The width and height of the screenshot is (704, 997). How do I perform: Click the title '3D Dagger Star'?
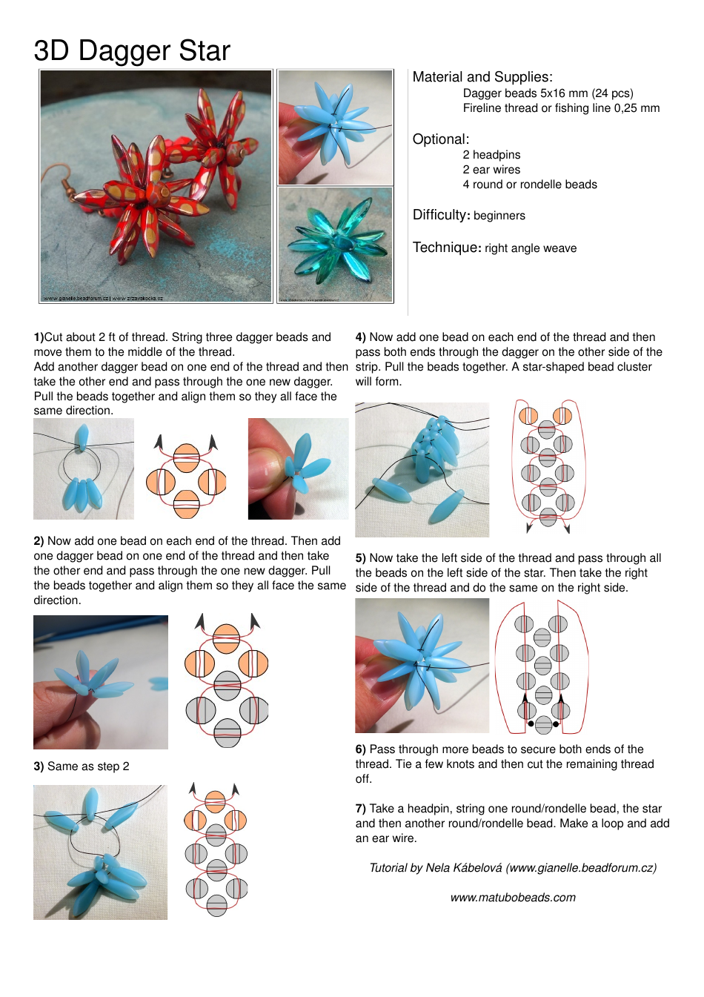(132, 50)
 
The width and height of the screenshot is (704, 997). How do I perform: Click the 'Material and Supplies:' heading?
(482, 77)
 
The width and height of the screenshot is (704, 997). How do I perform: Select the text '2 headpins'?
(491, 155)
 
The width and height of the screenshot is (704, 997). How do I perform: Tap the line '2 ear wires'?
(491, 170)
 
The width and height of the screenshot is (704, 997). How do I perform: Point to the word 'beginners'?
(499, 216)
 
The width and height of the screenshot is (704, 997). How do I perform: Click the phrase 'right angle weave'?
(531, 248)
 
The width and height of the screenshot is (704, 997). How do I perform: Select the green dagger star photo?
(336, 245)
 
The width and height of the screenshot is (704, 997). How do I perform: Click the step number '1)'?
(39, 337)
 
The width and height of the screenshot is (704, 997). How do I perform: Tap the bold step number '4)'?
(361, 337)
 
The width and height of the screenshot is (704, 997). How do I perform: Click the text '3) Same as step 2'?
(82, 766)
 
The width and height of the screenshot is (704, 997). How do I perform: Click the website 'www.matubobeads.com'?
(513, 898)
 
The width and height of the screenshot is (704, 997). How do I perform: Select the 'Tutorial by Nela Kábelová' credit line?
(513, 868)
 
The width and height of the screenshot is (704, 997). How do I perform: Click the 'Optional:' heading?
(441, 139)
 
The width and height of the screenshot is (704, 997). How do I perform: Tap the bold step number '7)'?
(361, 809)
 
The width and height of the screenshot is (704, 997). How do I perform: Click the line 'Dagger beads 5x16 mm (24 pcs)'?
(548, 93)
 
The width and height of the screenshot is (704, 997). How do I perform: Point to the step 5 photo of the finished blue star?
(422, 666)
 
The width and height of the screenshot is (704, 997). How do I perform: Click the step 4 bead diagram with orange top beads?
(548, 467)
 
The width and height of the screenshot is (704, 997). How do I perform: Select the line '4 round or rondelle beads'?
(529, 185)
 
